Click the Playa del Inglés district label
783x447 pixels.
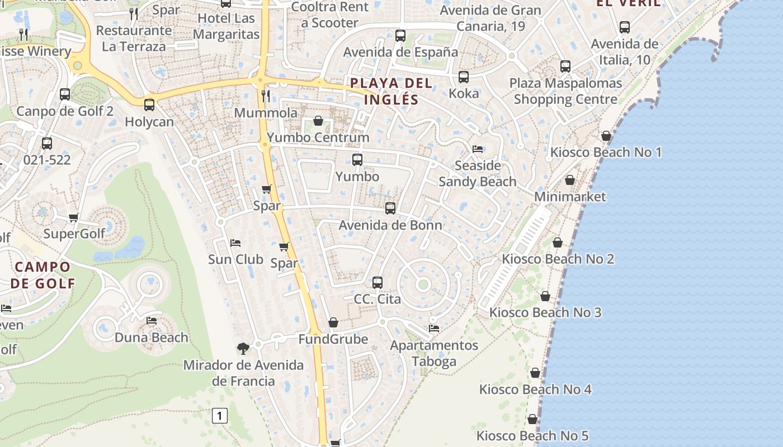click(x=391, y=92)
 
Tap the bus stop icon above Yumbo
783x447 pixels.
click(x=357, y=160)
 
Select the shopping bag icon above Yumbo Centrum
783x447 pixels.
click(x=318, y=121)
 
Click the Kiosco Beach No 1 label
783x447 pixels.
click(x=606, y=152)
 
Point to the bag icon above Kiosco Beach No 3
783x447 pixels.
click(x=545, y=296)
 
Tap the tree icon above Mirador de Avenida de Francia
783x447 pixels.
click(x=243, y=349)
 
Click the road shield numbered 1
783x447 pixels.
click(x=220, y=416)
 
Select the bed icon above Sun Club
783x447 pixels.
click(x=235, y=243)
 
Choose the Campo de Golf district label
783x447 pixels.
click(x=43, y=275)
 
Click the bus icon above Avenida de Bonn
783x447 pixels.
click(x=390, y=208)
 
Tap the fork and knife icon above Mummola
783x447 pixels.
click(x=266, y=96)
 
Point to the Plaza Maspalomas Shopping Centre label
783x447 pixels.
click(x=565, y=92)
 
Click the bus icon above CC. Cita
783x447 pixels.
click(x=378, y=283)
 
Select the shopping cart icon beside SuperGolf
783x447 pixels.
click(x=73, y=217)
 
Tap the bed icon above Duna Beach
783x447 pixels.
click(x=152, y=321)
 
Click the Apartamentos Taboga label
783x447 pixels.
click(x=434, y=353)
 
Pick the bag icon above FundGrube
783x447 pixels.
click(x=333, y=322)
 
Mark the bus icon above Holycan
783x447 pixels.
click(x=149, y=104)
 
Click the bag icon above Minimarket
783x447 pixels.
click(x=570, y=180)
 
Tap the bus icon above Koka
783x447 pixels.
click(x=464, y=77)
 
